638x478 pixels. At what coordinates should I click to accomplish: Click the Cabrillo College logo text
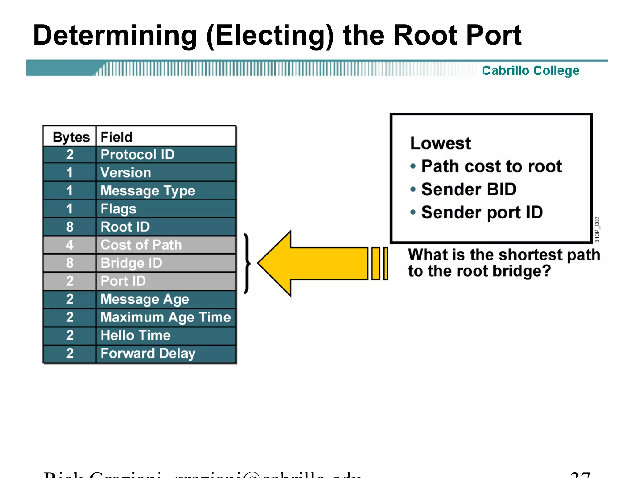coord(530,71)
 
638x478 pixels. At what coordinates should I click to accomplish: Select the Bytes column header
coord(71,137)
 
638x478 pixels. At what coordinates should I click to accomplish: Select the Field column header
coord(117,137)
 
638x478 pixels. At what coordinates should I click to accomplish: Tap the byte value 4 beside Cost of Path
coord(69,245)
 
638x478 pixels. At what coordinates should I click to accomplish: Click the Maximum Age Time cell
coord(165,317)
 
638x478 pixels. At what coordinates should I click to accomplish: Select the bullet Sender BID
coord(469,189)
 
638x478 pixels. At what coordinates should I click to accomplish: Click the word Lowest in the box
coord(440,143)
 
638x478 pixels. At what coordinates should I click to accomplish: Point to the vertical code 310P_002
coord(597,229)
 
